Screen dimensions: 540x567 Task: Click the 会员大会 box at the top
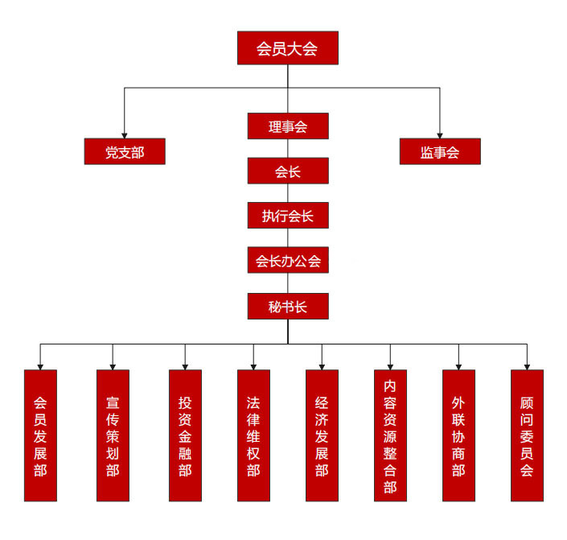(x=287, y=48)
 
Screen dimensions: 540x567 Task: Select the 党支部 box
(x=125, y=151)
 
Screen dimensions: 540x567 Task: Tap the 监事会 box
(x=440, y=151)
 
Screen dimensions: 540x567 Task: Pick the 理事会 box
(x=288, y=126)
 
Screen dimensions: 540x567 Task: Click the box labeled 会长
(x=288, y=171)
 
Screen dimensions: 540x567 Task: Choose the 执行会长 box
(x=288, y=216)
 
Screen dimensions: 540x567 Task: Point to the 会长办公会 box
(x=288, y=261)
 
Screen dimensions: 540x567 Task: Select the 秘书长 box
(x=288, y=306)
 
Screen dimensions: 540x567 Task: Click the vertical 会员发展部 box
(x=40, y=435)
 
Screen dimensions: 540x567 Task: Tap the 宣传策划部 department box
(x=113, y=435)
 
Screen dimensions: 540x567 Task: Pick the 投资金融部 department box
(x=185, y=435)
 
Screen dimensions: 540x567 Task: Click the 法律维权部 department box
(x=253, y=435)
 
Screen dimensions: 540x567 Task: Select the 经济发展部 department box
(x=322, y=435)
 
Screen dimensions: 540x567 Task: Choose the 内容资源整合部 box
(x=390, y=435)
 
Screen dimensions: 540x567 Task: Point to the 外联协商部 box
(x=458, y=435)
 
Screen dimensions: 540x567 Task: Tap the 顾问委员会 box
(x=527, y=435)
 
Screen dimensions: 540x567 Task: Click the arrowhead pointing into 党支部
(x=125, y=134)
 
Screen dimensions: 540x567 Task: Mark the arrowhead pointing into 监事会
(x=440, y=134)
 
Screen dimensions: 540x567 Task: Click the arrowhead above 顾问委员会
(x=527, y=365)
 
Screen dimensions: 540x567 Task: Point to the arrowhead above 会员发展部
(x=40, y=365)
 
